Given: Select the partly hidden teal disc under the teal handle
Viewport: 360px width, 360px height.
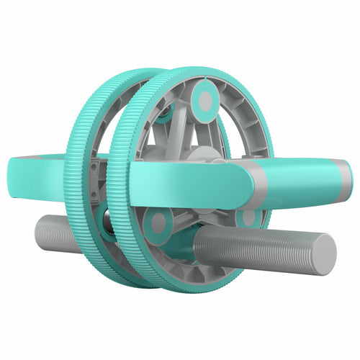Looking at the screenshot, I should (x=248, y=216).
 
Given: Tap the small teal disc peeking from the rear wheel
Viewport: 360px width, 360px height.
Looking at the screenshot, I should (x=165, y=109).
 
